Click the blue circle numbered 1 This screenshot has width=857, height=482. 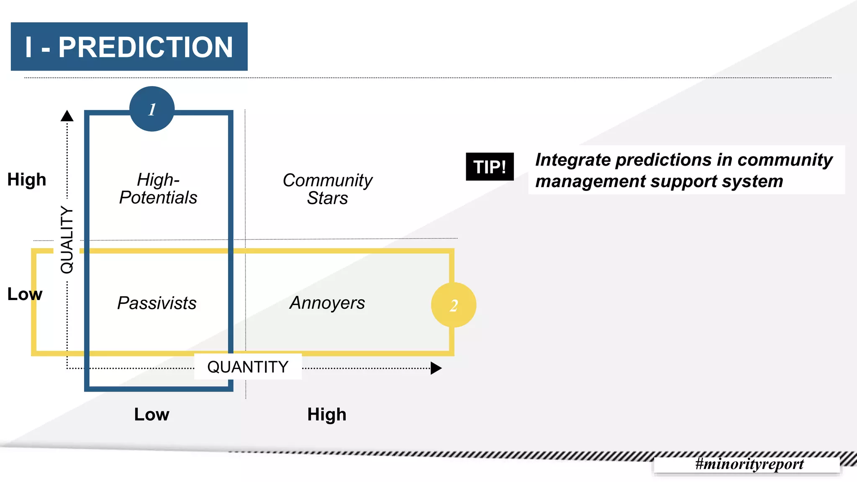tap(152, 109)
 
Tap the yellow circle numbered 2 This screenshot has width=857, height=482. tap(454, 305)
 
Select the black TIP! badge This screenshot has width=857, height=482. tap(490, 167)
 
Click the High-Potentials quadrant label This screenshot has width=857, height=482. tap(158, 189)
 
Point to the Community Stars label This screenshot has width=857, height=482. tap(328, 189)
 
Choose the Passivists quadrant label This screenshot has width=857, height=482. tap(157, 303)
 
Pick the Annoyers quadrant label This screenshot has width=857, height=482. tap(327, 303)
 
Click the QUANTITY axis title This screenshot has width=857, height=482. tap(248, 367)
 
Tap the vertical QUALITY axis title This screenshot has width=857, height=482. tap(67, 240)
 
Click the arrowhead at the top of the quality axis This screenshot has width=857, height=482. tap(67, 116)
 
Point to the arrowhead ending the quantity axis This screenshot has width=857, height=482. tap(436, 368)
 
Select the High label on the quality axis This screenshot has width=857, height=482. tap(27, 179)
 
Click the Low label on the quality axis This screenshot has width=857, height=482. tap(25, 294)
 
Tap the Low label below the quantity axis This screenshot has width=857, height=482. tap(151, 414)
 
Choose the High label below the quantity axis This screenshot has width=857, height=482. tap(327, 414)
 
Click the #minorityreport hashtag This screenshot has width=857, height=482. tap(749, 464)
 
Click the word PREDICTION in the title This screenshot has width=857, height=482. tap(145, 47)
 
